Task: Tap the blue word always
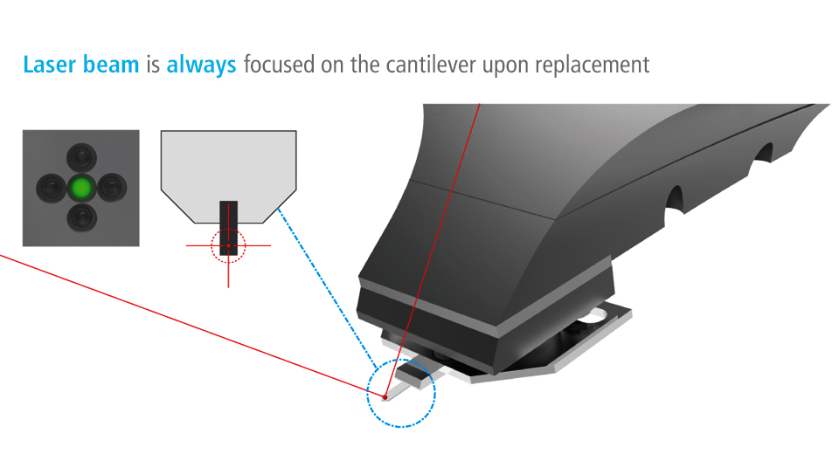coord(201,65)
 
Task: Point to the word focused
coord(279,65)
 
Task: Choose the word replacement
coord(592,65)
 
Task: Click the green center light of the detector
coord(81,188)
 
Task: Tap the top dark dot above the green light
coord(81,157)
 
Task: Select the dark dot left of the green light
coord(51,188)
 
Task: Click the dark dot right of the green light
coord(112,188)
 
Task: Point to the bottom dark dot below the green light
coord(81,217)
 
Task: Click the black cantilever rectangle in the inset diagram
coord(229,228)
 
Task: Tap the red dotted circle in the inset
coord(211,246)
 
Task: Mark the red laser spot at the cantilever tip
coord(385,397)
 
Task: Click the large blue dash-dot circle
coord(367,393)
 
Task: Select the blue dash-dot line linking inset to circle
coord(328,288)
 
